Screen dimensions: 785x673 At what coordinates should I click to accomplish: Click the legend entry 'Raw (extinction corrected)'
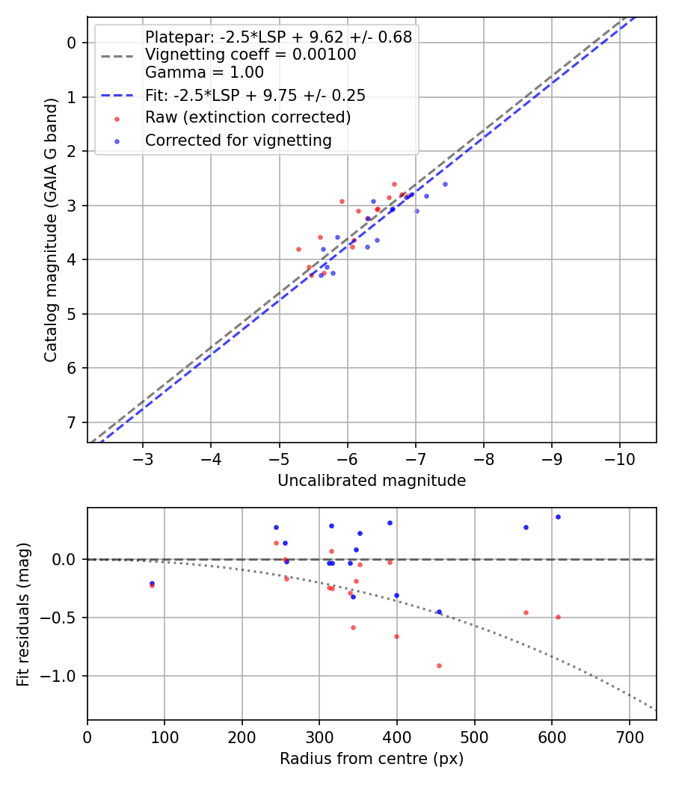pos(248,117)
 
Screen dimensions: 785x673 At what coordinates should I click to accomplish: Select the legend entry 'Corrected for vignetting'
pos(238,140)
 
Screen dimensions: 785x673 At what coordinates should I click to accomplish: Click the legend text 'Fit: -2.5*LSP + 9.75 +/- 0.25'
pos(255,96)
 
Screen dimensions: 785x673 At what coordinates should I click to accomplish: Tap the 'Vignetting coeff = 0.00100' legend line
pos(251,55)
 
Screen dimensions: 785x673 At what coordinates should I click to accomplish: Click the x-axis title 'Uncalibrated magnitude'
pos(372,481)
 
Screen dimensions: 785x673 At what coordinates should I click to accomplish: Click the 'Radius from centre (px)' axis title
pos(372,759)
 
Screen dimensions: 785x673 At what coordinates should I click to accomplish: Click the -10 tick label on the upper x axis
pos(619,458)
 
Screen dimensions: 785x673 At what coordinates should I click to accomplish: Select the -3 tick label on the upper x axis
pos(143,458)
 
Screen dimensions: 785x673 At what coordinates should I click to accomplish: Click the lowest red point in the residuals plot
pos(439,665)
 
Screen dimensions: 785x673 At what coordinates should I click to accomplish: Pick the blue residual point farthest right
pos(558,517)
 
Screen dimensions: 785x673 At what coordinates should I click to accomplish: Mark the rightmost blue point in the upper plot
pos(445,184)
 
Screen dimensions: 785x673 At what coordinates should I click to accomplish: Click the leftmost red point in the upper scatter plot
pos(298,249)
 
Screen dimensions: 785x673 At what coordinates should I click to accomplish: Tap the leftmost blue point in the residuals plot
pos(152,583)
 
